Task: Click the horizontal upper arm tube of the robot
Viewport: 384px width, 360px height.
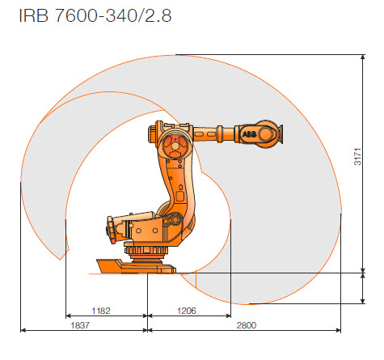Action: point(214,132)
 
